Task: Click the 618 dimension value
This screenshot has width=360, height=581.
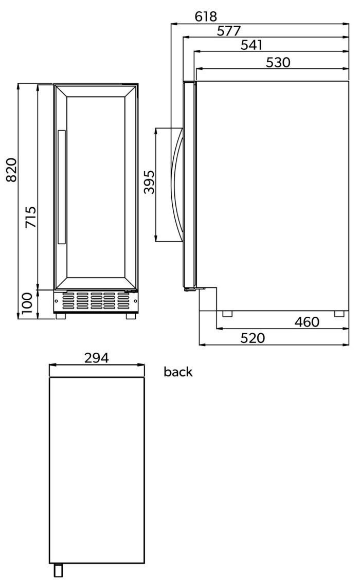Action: [206, 16]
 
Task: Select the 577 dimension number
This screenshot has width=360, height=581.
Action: [229, 31]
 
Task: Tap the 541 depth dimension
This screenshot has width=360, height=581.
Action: [251, 45]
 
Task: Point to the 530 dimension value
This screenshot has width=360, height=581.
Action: [278, 62]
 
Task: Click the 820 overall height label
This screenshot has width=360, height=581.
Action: [11, 170]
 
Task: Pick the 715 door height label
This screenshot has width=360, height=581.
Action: [31, 217]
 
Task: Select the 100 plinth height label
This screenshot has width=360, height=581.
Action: [27, 303]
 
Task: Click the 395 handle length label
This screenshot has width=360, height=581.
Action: [150, 182]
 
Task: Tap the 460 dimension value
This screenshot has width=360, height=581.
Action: [307, 322]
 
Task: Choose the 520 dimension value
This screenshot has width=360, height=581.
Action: [253, 338]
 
